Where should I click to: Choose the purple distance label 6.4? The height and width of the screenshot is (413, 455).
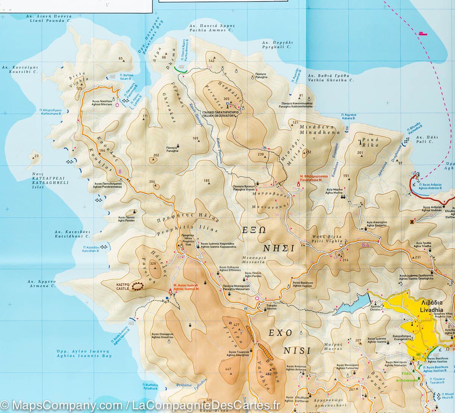366,245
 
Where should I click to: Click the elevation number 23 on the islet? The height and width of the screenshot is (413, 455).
36,156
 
